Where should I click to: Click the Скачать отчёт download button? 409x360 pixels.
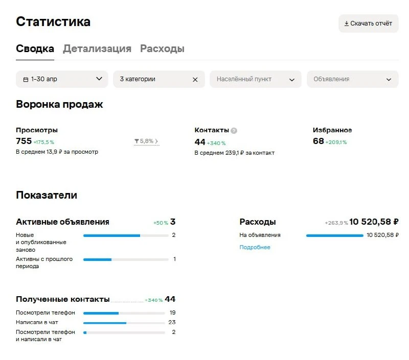pos(368,23)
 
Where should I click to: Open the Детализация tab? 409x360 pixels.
pos(97,49)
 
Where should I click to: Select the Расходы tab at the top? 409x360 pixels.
pos(162,49)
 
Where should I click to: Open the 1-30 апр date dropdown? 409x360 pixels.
pos(62,79)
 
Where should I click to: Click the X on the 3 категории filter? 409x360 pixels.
pos(195,80)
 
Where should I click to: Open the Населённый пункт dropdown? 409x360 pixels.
pos(256,79)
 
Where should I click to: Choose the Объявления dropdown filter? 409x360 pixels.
pos(353,79)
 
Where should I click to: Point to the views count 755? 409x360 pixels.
pos(24,141)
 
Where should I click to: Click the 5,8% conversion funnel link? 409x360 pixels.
pos(146,141)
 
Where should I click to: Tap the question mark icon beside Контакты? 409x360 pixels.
pos(234,131)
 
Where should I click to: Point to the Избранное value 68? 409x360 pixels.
pos(318,141)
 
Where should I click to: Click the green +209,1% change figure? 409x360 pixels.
pos(336,142)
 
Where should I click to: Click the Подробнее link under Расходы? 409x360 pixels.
pos(255,247)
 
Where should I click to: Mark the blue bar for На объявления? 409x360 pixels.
pos(335,235)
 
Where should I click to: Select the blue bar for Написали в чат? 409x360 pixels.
pos(105,323)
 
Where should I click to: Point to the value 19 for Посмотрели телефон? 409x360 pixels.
pos(172,313)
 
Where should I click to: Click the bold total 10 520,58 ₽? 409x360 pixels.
pos(374,222)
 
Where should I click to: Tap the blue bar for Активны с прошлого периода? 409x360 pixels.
pos(97,259)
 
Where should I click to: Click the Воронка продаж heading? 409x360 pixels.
pos(59,104)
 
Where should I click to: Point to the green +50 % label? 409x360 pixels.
pos(161,223)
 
